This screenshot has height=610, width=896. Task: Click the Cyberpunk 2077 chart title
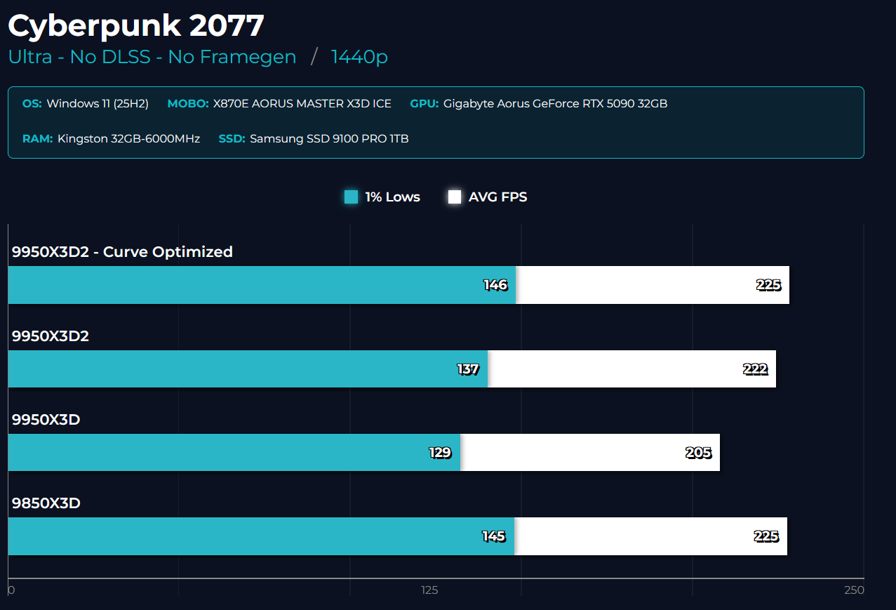(135, 26)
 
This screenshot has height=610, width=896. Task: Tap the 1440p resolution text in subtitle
(359, 57)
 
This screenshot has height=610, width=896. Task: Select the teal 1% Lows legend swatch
(352, 197)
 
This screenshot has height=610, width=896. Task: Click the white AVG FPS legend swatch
(455, 197)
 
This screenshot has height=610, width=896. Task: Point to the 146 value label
(495, 285)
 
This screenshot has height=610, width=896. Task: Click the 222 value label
(756, 369)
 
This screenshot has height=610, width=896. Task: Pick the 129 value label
(440, 453)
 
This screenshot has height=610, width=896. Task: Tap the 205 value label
(699, 453)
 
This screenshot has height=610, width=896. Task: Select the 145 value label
(493, 536)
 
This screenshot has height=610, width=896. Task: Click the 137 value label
(468, 369)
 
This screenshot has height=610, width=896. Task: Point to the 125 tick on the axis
(429, 590)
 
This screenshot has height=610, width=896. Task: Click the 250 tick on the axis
(854, 590)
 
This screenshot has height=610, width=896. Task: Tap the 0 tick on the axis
(11, 590)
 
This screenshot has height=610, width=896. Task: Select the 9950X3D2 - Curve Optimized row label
(122, 252)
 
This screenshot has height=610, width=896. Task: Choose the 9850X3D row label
(46, 503)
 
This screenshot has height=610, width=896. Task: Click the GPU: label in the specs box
(424, 104)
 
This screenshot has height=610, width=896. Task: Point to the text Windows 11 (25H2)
(98, 104)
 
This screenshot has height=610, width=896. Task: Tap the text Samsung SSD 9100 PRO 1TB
(329, 139)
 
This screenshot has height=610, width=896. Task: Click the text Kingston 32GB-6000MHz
(129, 139)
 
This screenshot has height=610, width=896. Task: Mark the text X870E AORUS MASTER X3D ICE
(302, 104)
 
